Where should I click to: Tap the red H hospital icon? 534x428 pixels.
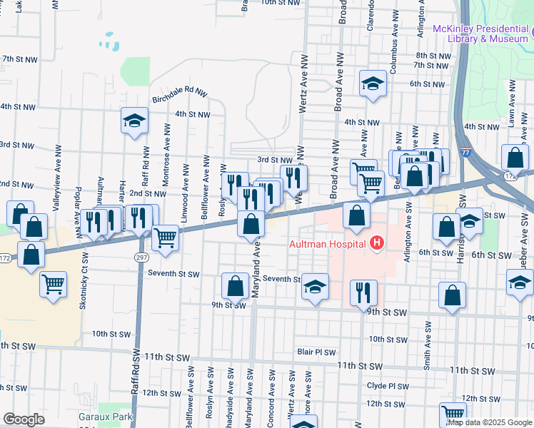[x=377, y=244]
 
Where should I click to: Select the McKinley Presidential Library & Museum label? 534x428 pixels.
[x=480, y=34]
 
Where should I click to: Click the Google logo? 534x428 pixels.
[x=24, y=419]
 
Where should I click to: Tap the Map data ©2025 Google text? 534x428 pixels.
[x=490, y=422]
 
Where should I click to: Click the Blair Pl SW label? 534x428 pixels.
[x=316, y=352]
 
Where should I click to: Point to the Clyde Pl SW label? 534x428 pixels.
[x=388, y=386]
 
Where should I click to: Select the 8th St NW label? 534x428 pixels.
[x=431, y=55]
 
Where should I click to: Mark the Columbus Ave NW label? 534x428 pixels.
[x=393, y=43]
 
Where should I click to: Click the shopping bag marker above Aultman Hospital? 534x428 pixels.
[x=356, y=215]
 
